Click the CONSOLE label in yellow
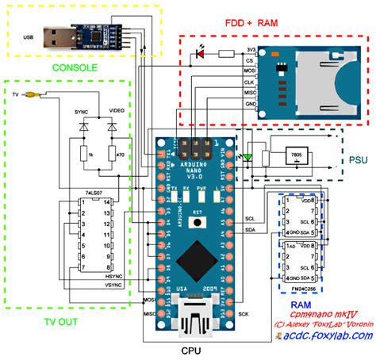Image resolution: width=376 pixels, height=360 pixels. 75,68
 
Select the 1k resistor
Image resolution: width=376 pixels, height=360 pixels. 83,154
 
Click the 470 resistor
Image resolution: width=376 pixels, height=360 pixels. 120,154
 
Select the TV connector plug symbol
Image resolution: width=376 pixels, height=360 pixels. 30,95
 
